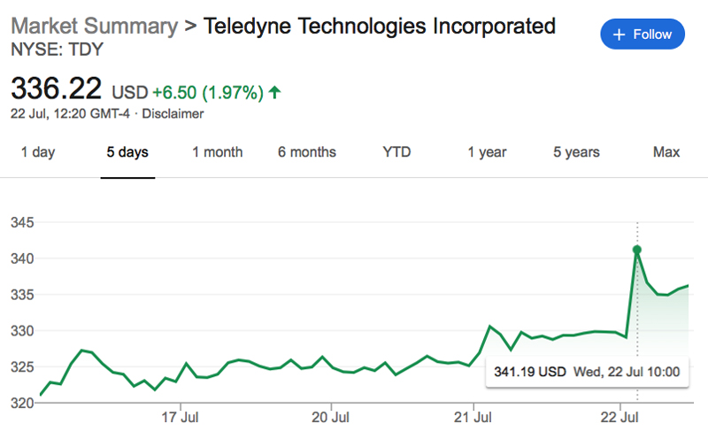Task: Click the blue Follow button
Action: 643,35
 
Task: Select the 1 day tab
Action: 37,152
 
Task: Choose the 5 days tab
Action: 127,152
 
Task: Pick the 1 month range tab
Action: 217,152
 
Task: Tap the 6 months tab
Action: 306,152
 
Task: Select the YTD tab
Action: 396,152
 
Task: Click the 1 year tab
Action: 487,152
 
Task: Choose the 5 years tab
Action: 576,152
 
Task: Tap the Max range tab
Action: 666,152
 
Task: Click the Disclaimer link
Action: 173,113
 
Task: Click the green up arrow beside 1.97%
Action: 275,91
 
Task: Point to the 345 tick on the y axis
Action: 21,222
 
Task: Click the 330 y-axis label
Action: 21,331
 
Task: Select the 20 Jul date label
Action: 328,416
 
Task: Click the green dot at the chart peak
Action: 636,250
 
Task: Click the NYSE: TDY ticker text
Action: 57,50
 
